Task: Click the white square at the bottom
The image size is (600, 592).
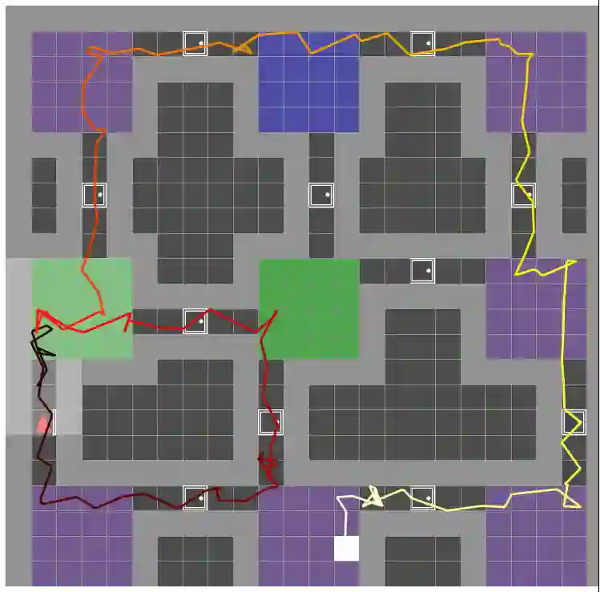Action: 346,548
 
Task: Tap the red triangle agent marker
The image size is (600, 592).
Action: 42,424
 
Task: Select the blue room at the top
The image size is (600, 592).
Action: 308,82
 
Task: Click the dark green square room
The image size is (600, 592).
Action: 308,309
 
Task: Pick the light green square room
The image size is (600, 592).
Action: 82,308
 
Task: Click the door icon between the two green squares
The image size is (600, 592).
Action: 195,321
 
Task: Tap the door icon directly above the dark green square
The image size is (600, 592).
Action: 321,195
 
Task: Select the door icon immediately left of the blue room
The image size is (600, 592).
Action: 195,43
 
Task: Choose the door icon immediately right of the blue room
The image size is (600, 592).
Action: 422,43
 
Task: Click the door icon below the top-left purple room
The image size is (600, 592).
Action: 95,195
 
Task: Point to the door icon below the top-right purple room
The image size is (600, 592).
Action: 523,195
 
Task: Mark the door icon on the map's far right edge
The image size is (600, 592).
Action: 574,422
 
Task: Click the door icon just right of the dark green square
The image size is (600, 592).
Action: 422,271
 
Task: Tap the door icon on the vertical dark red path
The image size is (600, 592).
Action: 271,422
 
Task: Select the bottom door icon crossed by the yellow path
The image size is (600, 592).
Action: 422,497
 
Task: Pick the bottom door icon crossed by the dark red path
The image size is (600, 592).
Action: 195,497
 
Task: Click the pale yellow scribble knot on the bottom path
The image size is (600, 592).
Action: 372,498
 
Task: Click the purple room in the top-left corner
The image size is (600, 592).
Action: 82,82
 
